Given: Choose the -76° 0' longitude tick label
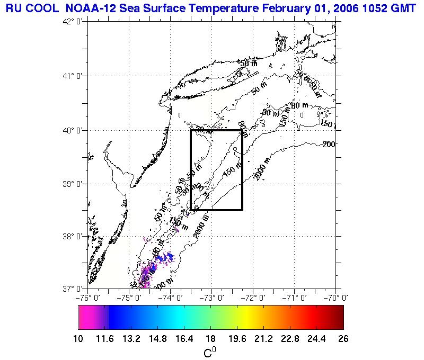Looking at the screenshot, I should (89, 298).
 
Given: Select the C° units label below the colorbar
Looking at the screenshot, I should (210, 352).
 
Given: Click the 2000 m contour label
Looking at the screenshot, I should (262, 169).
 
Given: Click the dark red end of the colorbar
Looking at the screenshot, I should (339, 318).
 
